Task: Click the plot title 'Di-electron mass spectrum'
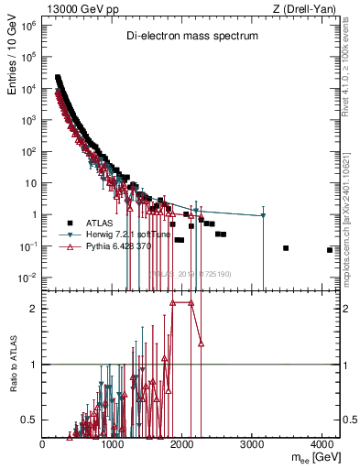(x=192, y=36)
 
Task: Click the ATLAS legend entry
(x=100, y=223)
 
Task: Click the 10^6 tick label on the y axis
(x=29, y=26)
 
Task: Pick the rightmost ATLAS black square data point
(x=330, y=250)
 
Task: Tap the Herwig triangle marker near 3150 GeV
(x=263, y=215)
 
